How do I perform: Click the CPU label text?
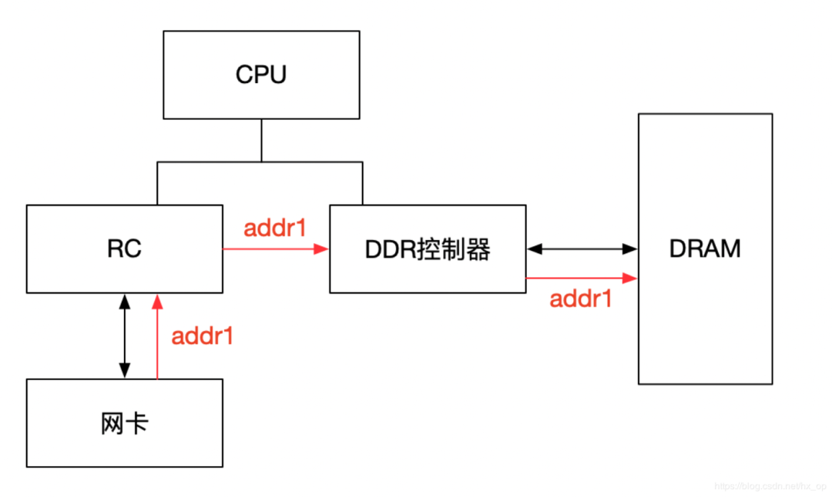(261, 75)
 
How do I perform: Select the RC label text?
(124, 249)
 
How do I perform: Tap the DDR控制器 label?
(428, 249)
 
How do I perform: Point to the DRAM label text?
(705, 248)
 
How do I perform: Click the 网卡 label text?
(124, 423)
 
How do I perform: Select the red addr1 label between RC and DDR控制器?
(276, 229)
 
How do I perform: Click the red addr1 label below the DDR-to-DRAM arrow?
(581, 299)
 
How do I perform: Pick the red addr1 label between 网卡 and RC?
(202, 336)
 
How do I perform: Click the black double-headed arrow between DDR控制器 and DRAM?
(582, 248)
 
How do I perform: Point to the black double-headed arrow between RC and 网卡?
(124, 336)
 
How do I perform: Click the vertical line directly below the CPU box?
(261, 140)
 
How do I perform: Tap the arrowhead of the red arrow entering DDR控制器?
(324, 248)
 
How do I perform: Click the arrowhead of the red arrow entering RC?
(157, 299)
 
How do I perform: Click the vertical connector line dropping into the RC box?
(157, 183)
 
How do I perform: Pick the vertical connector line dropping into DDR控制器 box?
(362, 183)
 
